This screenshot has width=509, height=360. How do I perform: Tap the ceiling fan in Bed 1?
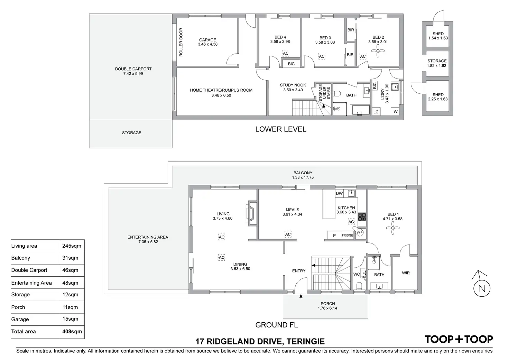[392, 228]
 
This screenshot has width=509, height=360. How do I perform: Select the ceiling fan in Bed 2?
[378, 52]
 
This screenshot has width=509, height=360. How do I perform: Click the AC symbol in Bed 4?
[285, 53]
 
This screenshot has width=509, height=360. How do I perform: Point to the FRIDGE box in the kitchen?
[347, 236]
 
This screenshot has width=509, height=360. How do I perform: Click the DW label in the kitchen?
[339, 194]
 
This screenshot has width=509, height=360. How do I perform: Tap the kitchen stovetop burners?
[362, 217]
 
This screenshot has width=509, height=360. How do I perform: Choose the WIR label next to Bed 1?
[406, 273]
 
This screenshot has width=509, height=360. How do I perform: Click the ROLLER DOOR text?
[181, 42]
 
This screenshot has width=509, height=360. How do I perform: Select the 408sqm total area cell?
[72, 332]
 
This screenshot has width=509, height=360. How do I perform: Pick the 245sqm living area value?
[72, 246]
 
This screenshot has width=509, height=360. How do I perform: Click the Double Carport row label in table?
[29, 270]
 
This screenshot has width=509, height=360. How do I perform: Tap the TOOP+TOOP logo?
[459, 340]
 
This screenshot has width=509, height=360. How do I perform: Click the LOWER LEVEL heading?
[280, 129]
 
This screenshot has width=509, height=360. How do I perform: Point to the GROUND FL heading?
[276, 325]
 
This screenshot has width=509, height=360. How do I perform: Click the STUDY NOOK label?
[293, 85]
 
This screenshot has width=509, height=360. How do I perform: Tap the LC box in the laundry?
[376, 112]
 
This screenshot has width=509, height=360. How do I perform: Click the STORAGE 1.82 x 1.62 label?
[437, 63]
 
